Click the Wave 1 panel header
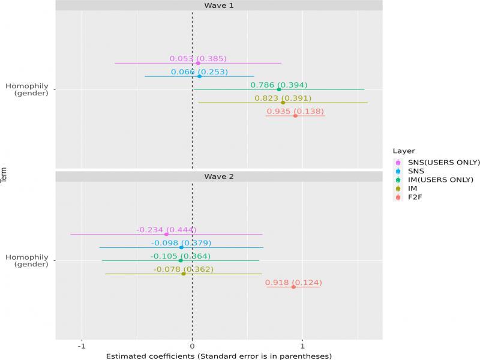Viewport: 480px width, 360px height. pos(218,5)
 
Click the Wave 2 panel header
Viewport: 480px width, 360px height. pos(218,177)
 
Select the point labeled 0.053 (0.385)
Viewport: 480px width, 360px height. pos(198,63)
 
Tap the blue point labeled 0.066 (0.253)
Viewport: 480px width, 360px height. pos(199,76)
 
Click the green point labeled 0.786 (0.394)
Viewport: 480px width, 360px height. pos(278,89)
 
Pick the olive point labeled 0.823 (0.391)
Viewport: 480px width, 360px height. pos(283,103)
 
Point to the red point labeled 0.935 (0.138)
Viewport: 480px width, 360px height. pos(295,115)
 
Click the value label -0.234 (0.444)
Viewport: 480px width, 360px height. pos(166,230)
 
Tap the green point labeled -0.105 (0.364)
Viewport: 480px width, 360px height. pos(180,260)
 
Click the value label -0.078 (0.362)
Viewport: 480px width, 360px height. pos(183,269)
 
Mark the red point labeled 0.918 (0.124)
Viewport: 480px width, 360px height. pos(293,287)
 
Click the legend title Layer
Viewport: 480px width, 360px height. pos(401,151)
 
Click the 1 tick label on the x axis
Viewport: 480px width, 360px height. pos(302,346)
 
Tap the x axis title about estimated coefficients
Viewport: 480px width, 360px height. pos(218,355)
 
